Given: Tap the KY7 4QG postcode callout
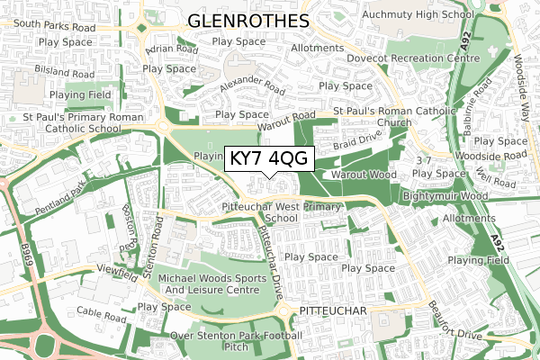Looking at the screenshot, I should click(269, 158).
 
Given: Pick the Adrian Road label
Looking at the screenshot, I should click(172, 49).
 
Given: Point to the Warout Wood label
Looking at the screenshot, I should click(364, 174).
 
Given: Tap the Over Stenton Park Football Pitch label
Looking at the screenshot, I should click(236, 341).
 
